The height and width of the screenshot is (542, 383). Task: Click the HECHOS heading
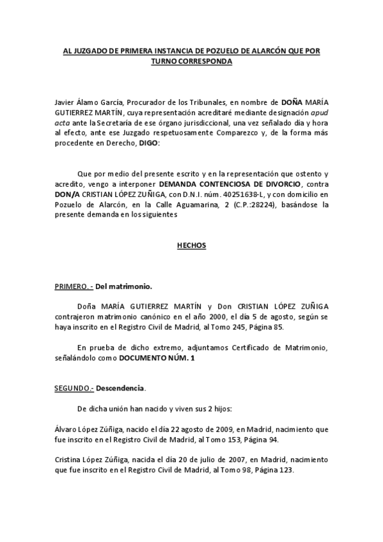click(x=191, y=245)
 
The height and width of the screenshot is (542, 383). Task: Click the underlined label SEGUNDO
click(x=74, y=388)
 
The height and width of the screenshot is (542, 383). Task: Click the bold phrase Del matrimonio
click(x=124, y=287)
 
